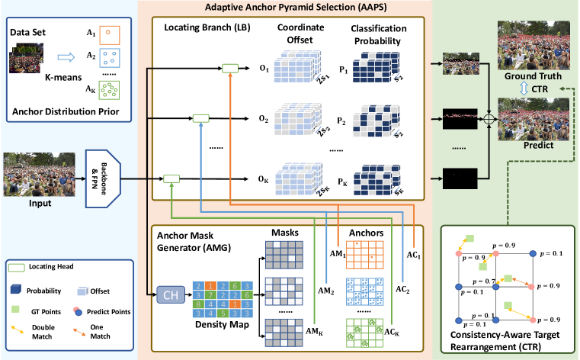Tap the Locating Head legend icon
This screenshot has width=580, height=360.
coord(21,267)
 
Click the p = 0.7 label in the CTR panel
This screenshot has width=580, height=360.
coord(485,282)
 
